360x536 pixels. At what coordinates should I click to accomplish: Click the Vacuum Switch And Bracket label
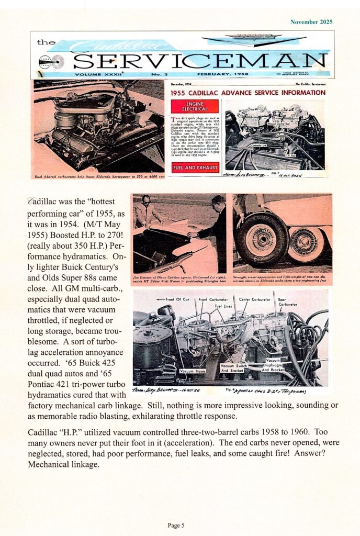click(x=234, y=368)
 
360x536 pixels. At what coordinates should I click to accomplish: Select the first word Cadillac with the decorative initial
click(x=44, y=202)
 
